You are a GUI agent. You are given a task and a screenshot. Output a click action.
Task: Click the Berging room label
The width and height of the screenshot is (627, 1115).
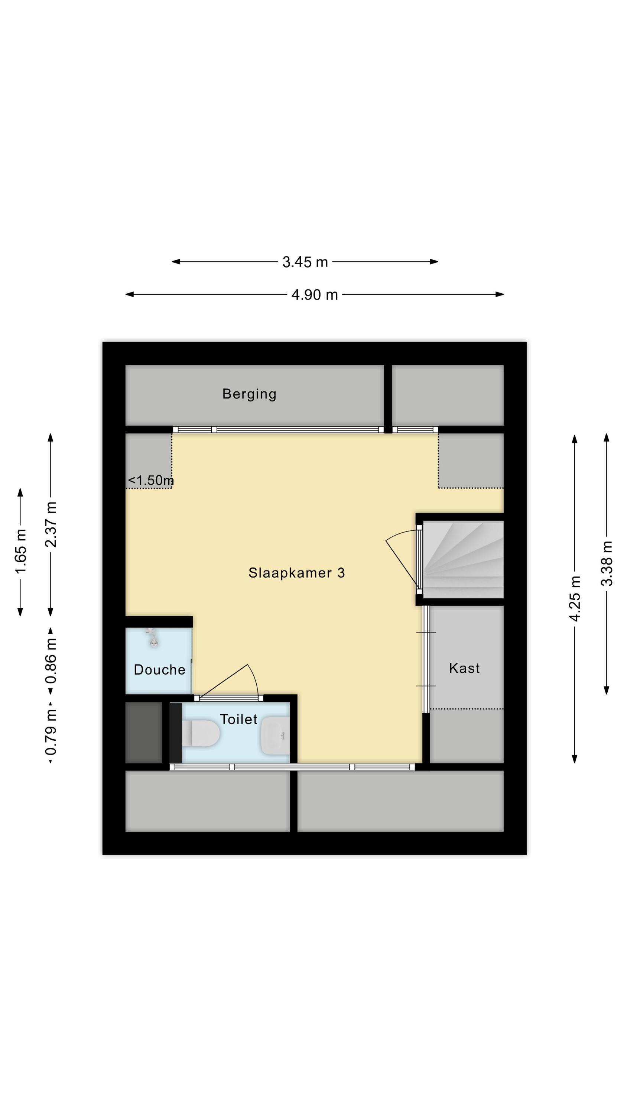click(249, 394)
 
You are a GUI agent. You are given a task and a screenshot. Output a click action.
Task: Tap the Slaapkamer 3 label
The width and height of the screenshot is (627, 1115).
click(296, 573)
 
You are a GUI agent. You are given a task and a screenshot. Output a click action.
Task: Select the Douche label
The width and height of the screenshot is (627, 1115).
click(160, 670)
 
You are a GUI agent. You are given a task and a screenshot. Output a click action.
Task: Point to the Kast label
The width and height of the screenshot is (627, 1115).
click(464, 668)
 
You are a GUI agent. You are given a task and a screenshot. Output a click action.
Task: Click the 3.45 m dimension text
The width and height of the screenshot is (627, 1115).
click(305, 262)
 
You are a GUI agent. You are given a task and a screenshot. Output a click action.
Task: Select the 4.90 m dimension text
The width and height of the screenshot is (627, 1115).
click(315, 295)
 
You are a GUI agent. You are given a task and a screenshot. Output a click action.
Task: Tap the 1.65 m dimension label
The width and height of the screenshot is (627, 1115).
click(21, 551)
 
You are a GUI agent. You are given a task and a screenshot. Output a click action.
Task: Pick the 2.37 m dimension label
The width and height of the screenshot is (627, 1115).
click(51, 524)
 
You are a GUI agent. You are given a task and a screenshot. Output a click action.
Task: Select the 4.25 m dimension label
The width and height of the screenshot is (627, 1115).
click(574, 599)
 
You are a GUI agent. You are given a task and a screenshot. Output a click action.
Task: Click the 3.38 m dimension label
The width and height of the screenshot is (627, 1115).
click(607, 563)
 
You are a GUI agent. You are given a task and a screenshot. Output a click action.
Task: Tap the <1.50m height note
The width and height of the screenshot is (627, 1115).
click(150, 480)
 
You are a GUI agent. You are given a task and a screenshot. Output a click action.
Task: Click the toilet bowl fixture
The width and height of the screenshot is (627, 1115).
click(200, 733)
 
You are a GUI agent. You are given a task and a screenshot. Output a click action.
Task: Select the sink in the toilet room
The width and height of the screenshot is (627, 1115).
click(275, 736)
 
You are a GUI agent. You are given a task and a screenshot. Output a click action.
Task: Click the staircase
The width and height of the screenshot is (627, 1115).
click(463, 560)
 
